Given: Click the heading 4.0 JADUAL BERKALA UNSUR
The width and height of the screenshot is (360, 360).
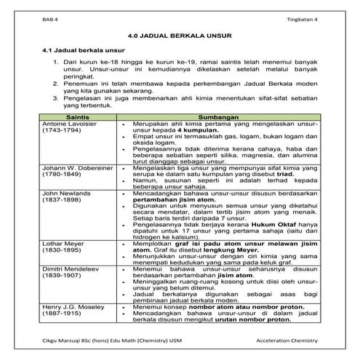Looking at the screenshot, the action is (x=180, y=35).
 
